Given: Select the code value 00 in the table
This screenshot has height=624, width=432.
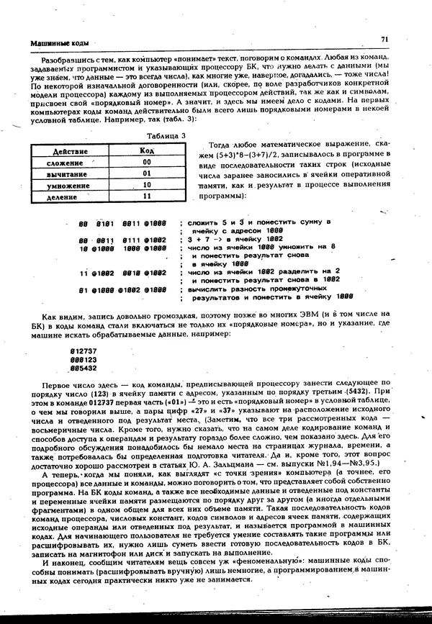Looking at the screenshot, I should coord(147,162).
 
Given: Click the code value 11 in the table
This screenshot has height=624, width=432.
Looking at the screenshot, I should coord(147,195).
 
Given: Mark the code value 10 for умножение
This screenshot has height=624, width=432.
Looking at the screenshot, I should coord(147,184).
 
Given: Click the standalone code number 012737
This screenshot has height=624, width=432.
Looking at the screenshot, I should coord(83,351).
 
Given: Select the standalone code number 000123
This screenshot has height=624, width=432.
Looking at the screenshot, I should coord(83,359).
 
